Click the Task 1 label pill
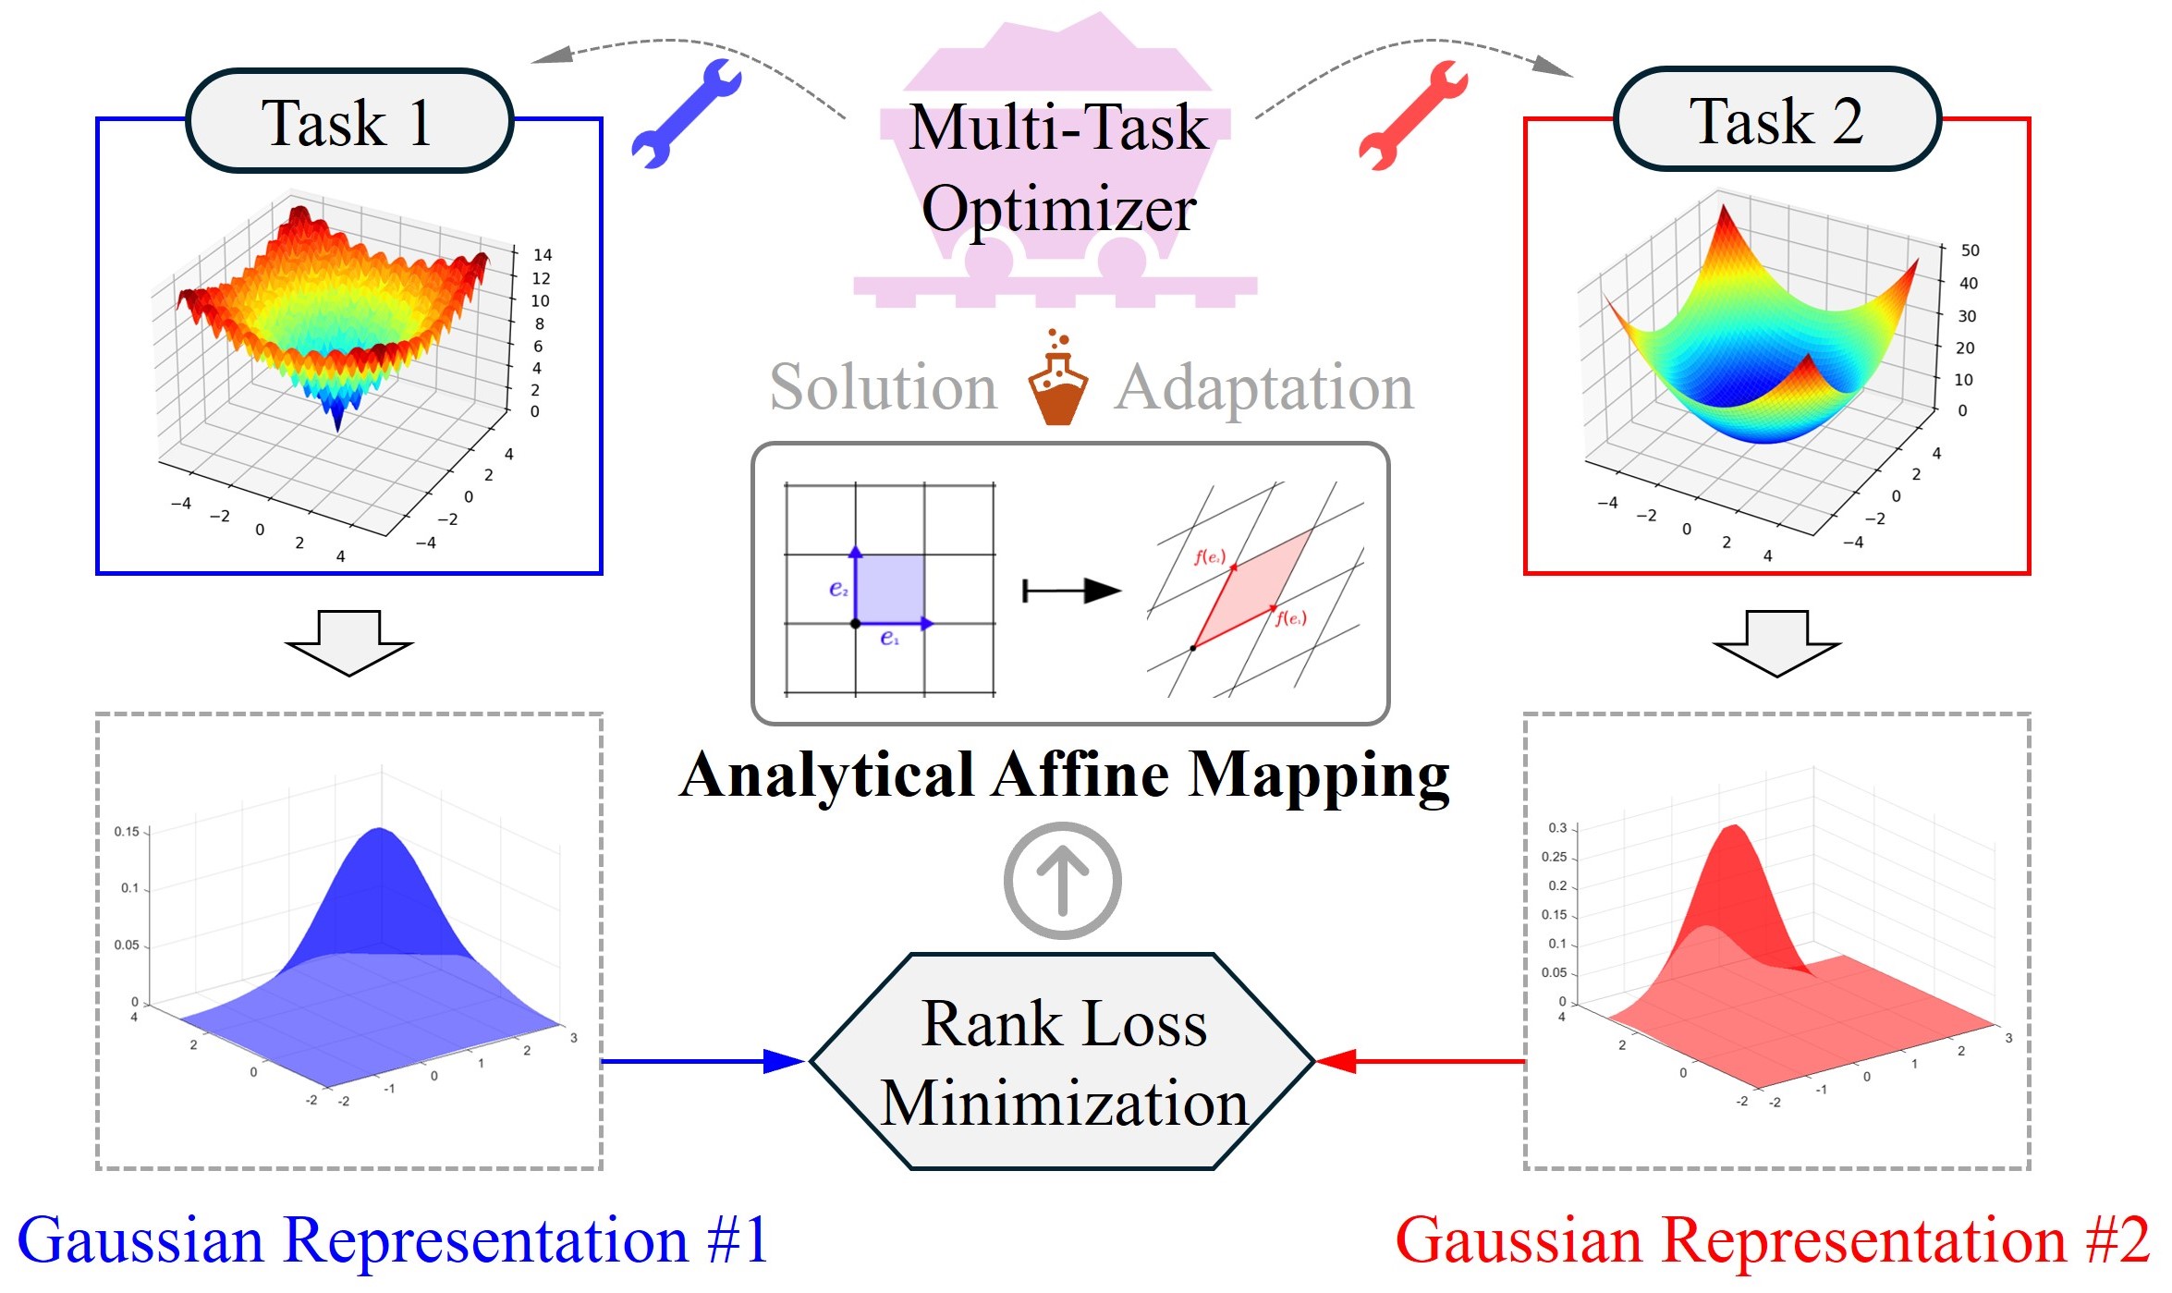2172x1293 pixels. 348,121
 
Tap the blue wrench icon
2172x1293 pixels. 686,114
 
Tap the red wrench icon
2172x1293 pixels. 1412,115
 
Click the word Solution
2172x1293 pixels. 884,386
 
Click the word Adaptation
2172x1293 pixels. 1264,386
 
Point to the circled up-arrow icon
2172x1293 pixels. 1062,880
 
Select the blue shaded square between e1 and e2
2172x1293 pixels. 890,589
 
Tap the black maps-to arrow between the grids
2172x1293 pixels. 1072,591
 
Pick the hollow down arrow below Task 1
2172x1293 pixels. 348,642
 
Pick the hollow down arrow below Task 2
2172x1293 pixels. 1775,642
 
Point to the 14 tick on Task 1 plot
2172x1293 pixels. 543,254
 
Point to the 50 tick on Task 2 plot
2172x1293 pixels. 1970,250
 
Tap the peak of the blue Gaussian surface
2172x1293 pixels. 379,831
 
